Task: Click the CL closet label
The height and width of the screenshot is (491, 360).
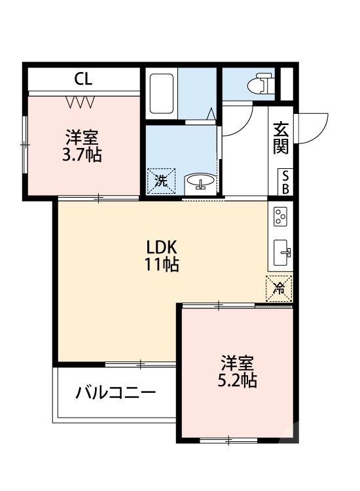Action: (x=83, y=80)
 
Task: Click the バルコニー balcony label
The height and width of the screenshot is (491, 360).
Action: (x=115, y=393)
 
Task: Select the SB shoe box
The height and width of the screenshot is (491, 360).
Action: (x=286, y=181)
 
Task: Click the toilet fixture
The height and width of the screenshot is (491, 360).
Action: (x=261, y=84)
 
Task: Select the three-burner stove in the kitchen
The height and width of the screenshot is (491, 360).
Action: (x=281, y=217)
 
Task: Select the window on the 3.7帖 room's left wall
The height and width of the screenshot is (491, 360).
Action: (x=24, y=144)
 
